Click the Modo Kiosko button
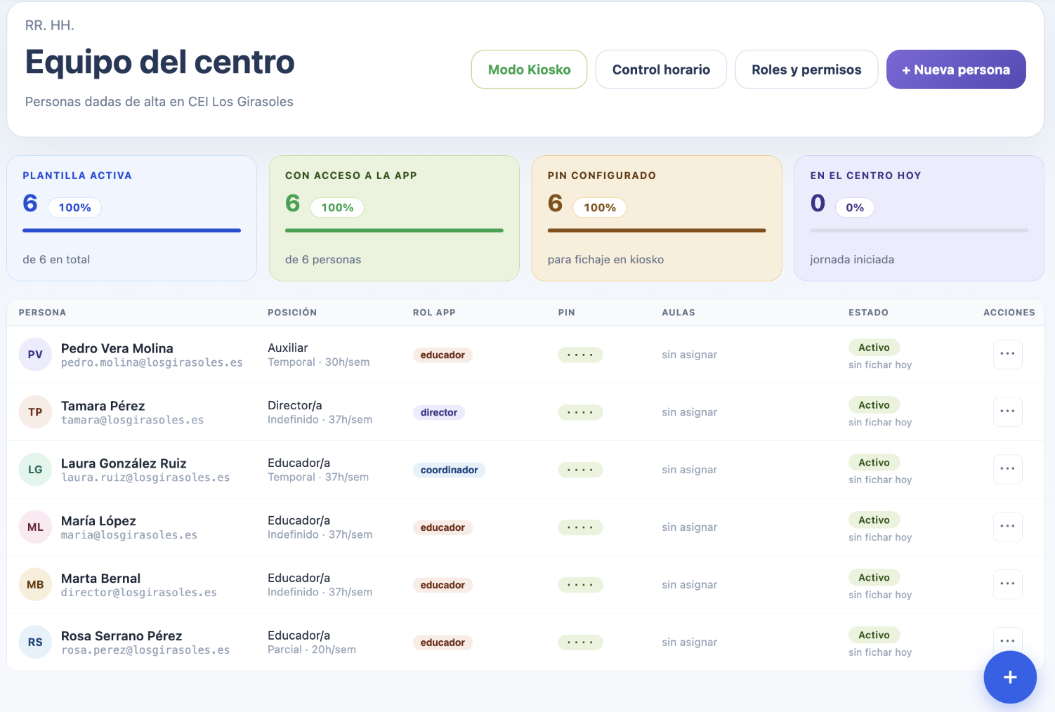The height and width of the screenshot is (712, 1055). pyautogui.click(x=529, y=70)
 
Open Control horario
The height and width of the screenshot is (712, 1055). pyautogui.click(x=661, y=70)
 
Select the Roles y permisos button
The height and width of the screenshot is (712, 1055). pyautogui.click(x=806, y=70)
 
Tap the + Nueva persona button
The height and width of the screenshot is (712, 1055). pyautogui.click(x=956, y=70)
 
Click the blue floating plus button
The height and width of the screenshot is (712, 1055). pyautogui.click(x=1010, y=677)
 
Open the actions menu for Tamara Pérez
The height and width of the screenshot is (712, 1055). pyautogui.click(x=1007, y=411)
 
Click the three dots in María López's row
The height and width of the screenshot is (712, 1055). pyautogui.click(x=1007, y=527)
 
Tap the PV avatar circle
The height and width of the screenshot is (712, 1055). pyautogui.click(x=35, y=354)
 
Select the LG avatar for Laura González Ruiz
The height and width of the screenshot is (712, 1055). pyautogui.click(x=35, y=469)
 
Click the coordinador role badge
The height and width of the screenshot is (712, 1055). pyautogui.click(x=449, y=470)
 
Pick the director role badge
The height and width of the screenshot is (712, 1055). pyautogui.click(x=438, y=412)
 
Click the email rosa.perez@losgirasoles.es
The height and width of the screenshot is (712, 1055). pyautogui.click(x=145, y=650)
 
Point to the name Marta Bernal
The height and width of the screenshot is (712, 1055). pyautogui.click(x=100, y=579)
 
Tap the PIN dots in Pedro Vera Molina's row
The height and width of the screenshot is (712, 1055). pyautogui.click(x=580, y=355)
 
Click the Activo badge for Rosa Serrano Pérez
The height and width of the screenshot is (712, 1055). pyautogui.click(x=874, y=635)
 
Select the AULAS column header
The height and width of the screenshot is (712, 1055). pyautogui.click(x=679, y=312)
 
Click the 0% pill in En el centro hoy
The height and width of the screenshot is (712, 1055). pyautogui.click(x=854, y=208)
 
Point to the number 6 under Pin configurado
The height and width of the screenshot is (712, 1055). pyautogui.click(x=555, y=204)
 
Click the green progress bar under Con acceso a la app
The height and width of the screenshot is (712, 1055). pyautogui.click(x=394, y=230)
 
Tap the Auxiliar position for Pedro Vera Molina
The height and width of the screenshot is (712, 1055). pyautogui.click(x=288, y=348)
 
